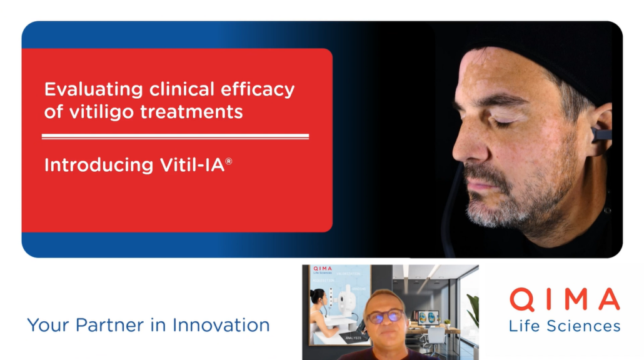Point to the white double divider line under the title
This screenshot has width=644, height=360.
click(x=175, y=136)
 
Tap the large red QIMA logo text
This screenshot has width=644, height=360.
click(x=564, y=300)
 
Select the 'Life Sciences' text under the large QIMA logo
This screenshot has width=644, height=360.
click(x=564, y=326)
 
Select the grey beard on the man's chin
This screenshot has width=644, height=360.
click(x=494, y=212)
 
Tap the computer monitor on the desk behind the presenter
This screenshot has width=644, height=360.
click(x=428, y=317)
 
